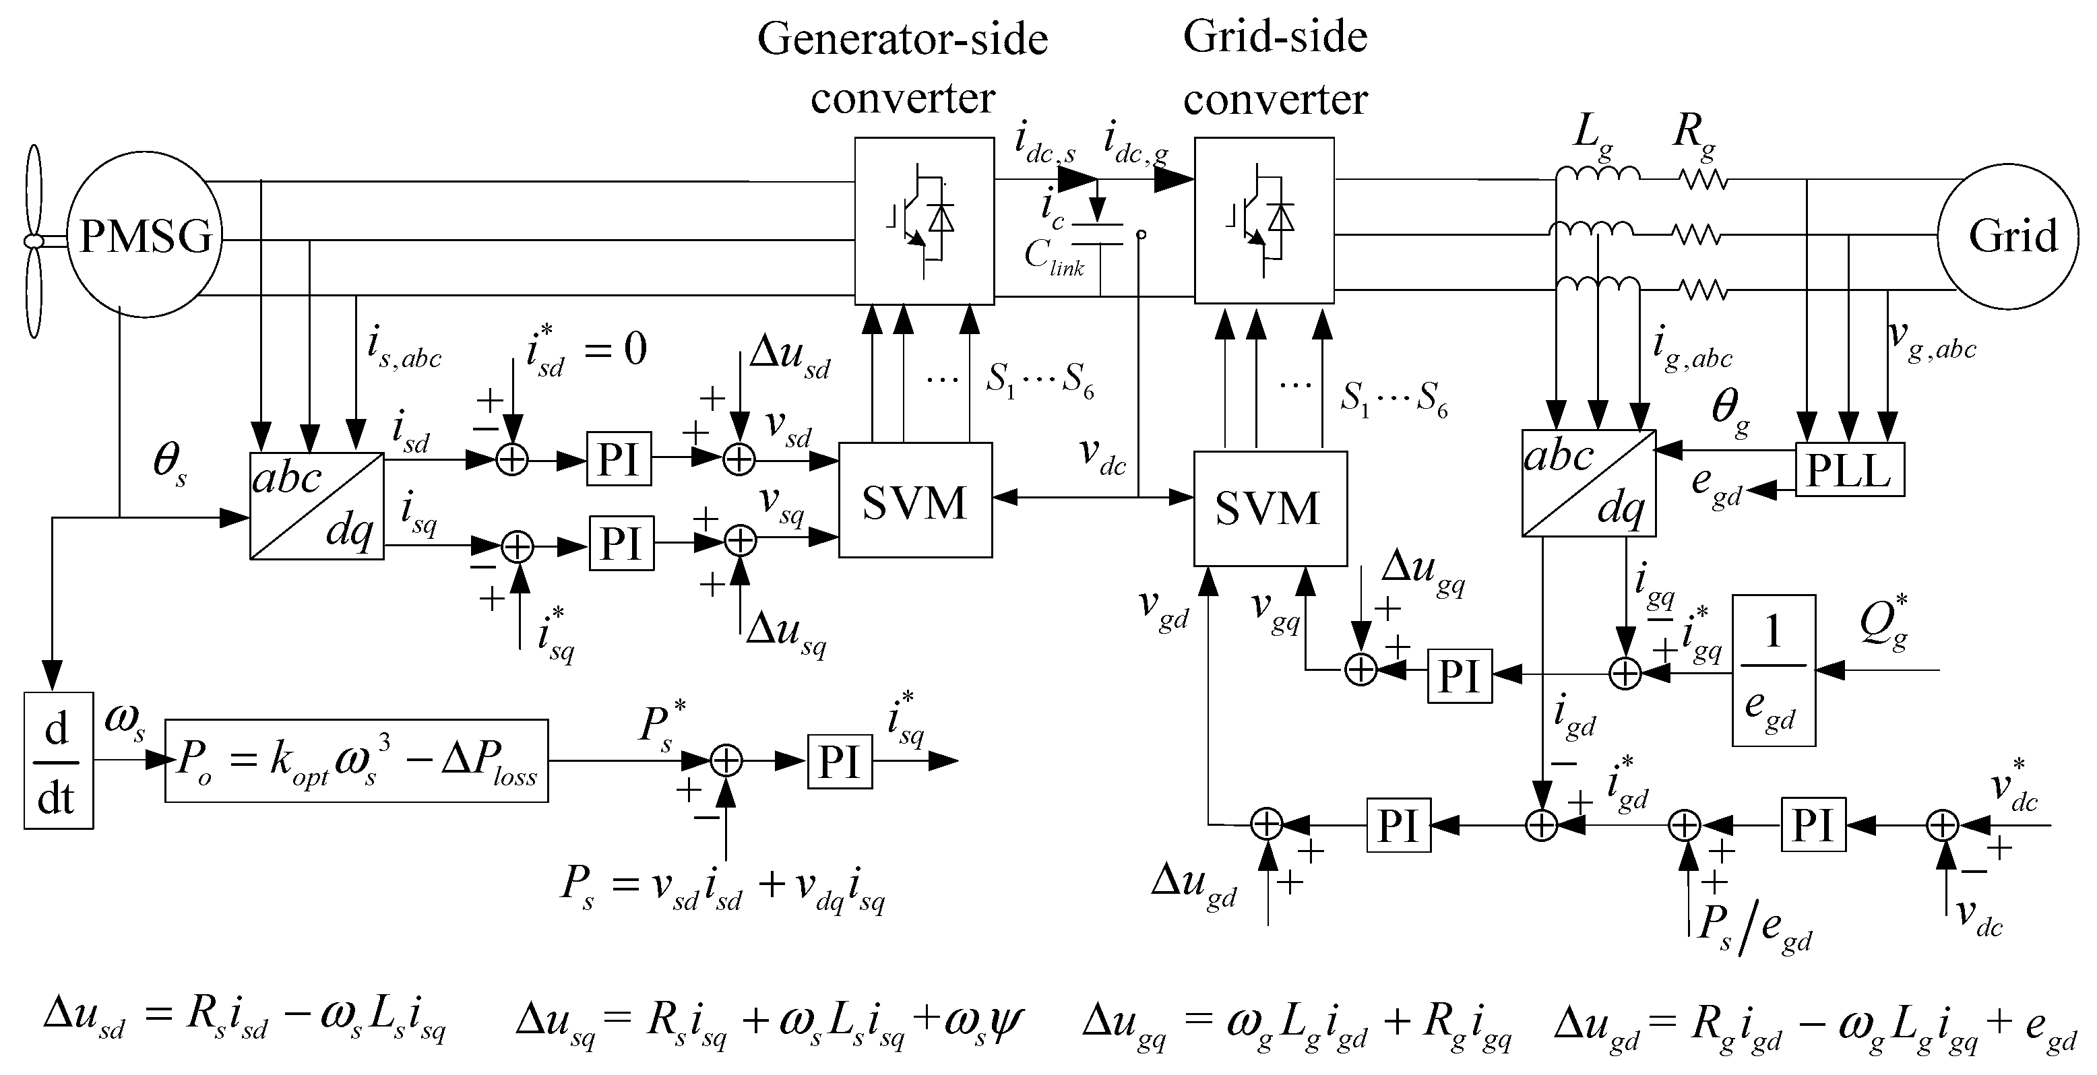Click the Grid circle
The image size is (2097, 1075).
2007,237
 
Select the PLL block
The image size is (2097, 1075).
1849,469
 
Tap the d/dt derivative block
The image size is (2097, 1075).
58,761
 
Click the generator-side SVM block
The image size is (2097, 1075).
915,500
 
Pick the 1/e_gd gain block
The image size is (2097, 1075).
1773,671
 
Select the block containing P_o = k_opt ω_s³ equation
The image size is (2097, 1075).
356,761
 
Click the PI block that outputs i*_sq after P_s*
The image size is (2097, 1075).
840,762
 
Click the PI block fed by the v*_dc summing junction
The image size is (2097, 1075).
1813,825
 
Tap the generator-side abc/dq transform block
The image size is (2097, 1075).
317,506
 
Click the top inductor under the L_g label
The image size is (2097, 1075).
1597,174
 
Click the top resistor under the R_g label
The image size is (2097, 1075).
1702,178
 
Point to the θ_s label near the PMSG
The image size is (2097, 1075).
169,464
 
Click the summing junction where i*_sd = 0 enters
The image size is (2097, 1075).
512,461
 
